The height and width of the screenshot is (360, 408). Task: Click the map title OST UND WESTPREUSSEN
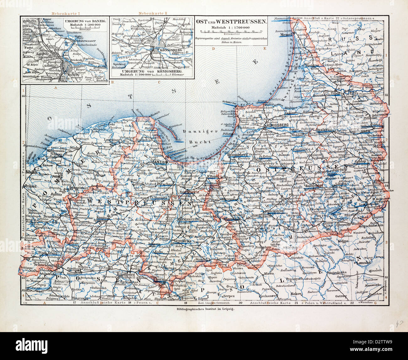point(232,22)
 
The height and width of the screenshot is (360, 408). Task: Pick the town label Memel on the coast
point(286,35)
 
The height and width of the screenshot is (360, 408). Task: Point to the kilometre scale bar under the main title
point(232,31)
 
